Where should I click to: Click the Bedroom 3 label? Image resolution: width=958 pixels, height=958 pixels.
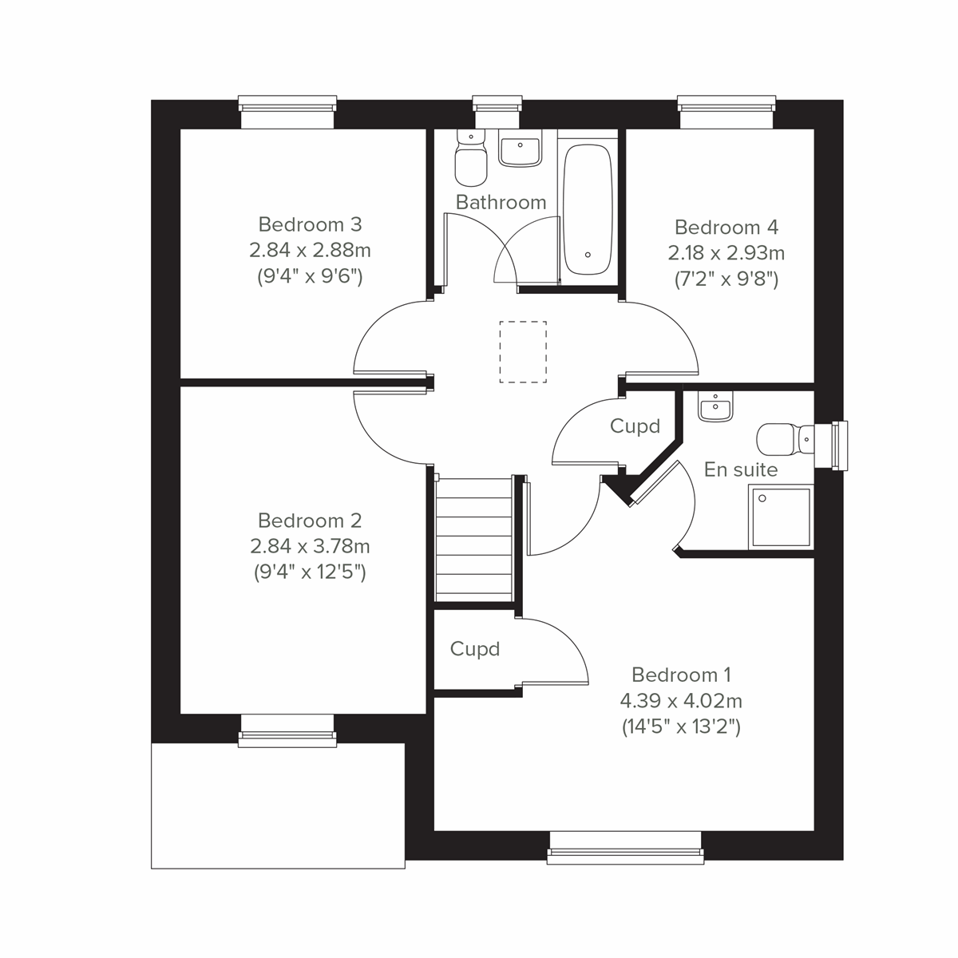coord(310,224)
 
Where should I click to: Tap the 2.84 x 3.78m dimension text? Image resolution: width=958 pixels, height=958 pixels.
coord(310,547)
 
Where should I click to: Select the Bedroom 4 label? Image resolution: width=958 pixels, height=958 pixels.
coord(726,228)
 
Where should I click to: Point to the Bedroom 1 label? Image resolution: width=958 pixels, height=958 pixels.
coord(681,675)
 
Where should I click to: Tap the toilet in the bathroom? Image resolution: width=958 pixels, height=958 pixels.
coord(469,159)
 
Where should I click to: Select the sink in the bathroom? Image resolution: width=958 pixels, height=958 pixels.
coord(520,149)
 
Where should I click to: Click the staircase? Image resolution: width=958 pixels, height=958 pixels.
coord(473,539)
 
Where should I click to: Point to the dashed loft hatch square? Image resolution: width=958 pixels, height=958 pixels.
coord(523,351)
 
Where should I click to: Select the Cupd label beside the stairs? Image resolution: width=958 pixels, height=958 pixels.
coord(475,649)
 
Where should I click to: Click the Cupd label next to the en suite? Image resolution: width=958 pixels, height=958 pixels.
coord(635,426)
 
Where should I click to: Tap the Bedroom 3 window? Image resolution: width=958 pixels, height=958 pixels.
coord(287,111)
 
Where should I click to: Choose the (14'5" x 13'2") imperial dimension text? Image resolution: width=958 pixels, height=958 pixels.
coord(681,726)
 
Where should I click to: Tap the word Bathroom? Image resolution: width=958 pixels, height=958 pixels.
coord(501,202)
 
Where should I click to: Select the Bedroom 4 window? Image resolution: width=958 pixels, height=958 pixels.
coord(726,111)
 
